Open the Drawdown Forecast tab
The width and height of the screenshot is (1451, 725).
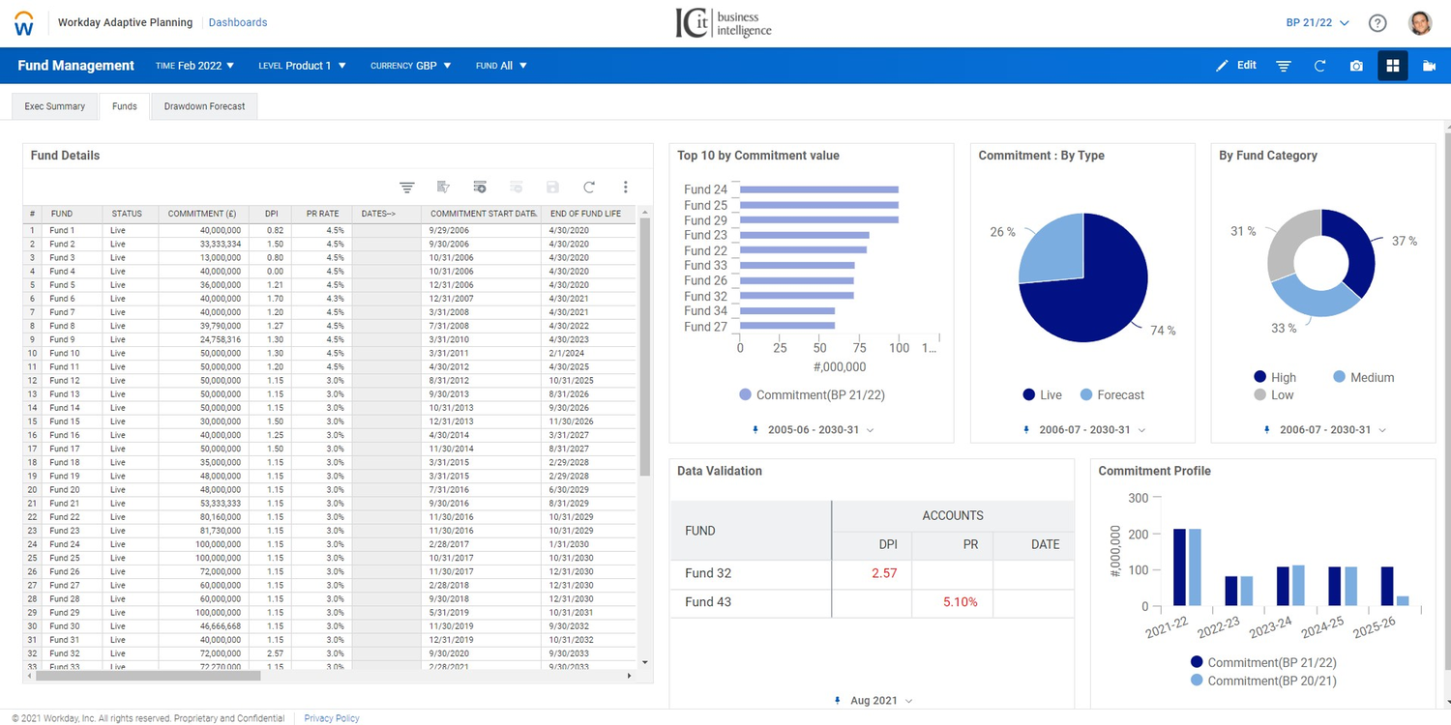(204, 106)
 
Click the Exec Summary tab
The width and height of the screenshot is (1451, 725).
(55, 106)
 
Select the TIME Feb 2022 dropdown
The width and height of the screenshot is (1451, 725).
(195, 66)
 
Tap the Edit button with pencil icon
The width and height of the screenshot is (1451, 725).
(1236, 66)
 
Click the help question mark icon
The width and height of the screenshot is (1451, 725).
(1377, 23)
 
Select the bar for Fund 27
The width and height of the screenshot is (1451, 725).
(787, 327)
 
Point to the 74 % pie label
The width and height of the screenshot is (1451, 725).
(1163, 331)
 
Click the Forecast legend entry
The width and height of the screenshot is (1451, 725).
(1112, 395)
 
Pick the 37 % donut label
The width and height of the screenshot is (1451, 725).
(1405, 241)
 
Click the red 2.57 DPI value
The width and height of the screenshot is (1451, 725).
(884, 573)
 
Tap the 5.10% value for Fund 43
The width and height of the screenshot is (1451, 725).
(960, 602)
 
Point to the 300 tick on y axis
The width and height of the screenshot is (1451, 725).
(1138, 498)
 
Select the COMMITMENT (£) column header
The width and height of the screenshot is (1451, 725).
(202, 214)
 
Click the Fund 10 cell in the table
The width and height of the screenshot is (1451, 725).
(65, 354)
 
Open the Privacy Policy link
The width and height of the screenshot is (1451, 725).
(331, 718)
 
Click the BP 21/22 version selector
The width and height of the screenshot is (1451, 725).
(1317, 23)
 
